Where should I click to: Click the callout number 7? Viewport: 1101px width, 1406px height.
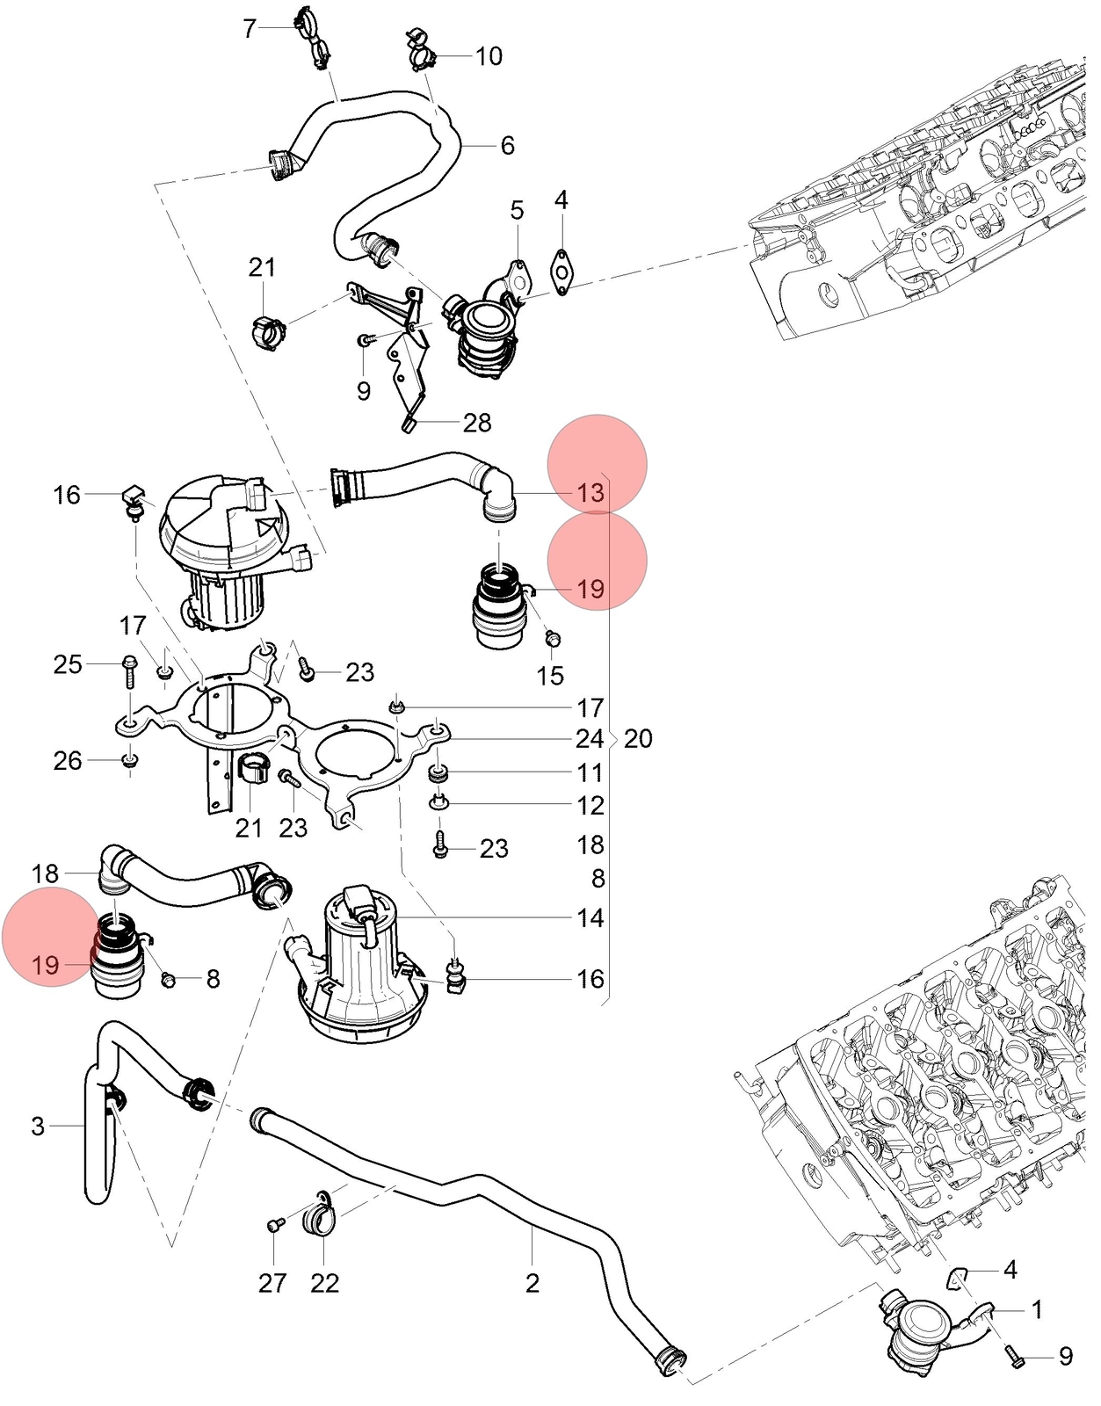(x=250, y=29)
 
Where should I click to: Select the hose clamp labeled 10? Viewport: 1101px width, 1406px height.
(x=421, y=50)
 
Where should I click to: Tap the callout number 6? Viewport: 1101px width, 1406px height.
(x=507, y=146)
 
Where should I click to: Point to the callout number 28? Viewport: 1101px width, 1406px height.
(x=477, y=424)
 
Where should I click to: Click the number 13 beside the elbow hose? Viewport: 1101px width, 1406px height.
(x=590, y=493)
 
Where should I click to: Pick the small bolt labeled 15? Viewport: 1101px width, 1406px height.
(x=553, y=639)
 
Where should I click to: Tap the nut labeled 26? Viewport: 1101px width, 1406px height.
(x=131, y=759)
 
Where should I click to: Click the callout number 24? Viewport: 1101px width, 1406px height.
(x=590, y=739)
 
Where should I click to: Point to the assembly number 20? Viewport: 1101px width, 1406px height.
(x=638, y=739)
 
